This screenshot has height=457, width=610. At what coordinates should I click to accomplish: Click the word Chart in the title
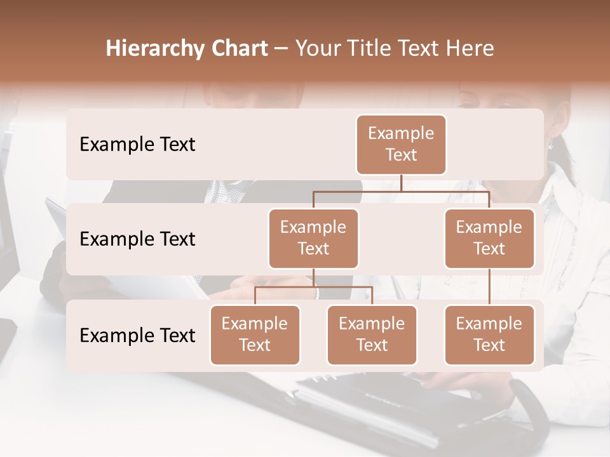236,49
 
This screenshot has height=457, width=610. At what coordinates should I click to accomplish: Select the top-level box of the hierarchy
401,144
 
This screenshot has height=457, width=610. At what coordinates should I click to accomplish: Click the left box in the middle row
313,238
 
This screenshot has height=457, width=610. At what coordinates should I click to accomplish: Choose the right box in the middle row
489,238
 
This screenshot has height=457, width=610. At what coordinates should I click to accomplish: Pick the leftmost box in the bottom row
255,334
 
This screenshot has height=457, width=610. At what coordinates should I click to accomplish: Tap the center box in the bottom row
372,334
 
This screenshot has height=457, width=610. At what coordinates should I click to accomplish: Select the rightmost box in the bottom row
489,334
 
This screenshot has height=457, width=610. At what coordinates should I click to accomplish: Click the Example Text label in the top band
137,145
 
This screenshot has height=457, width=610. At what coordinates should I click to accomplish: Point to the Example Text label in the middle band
137,239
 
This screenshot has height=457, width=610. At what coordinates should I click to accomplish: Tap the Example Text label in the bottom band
137,335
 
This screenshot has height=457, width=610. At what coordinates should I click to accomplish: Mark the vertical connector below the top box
401,183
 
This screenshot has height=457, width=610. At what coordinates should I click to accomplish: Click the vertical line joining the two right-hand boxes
489,287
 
